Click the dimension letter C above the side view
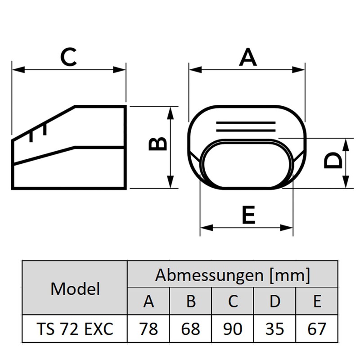(68, 57)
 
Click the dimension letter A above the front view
(247, 58)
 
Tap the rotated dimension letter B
(157, 144)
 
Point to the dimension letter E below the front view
(249, 215)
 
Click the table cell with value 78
(148, 328)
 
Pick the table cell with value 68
(190, 328)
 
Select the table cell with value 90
(233, 328)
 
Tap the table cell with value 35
(274, 328)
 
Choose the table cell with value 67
(317, 328)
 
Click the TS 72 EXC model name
(75, 329)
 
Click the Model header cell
(75, 288)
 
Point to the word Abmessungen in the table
(209, 275)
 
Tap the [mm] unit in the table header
(290, 275)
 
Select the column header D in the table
(275, 301)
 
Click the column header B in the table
(191, 301)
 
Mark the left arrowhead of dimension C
(18, 70)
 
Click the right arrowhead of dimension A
(298, 70)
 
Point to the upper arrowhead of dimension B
(170, 113)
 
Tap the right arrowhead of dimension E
(287, 228)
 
